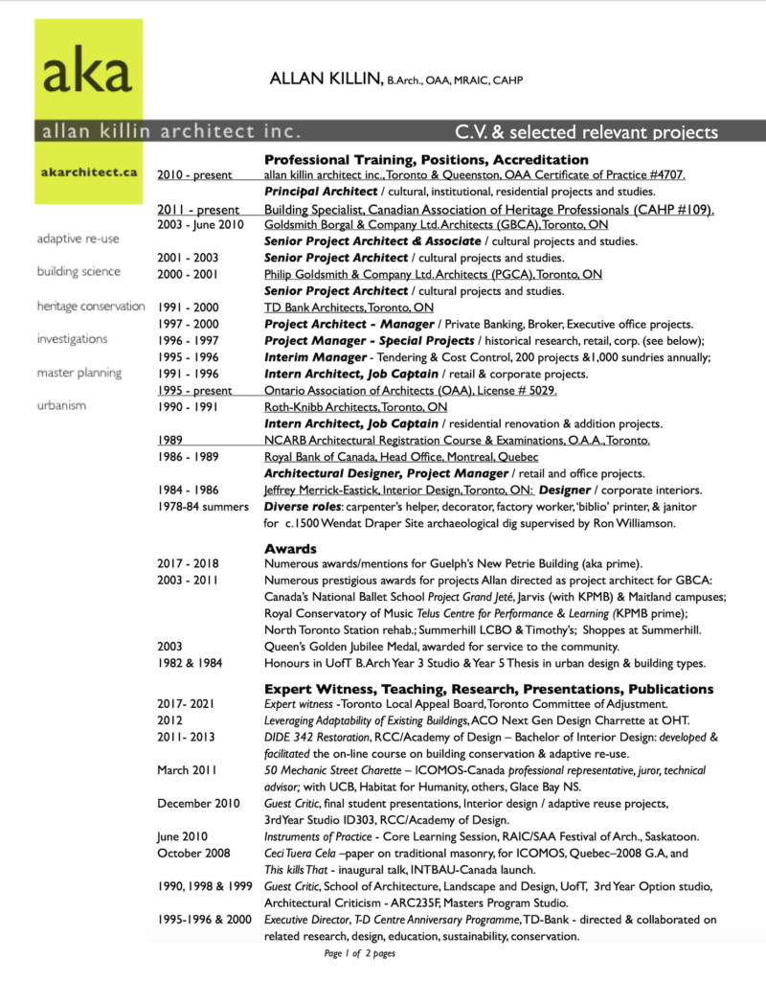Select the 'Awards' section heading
290,549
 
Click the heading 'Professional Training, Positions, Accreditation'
426,159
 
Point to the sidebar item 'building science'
79,272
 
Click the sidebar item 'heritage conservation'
91,306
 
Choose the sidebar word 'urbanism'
61,405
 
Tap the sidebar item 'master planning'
79,372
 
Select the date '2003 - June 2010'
204,224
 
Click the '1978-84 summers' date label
203,507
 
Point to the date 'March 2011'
187,769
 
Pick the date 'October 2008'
194,851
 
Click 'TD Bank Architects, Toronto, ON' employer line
349,307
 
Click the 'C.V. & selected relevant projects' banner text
586,131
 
